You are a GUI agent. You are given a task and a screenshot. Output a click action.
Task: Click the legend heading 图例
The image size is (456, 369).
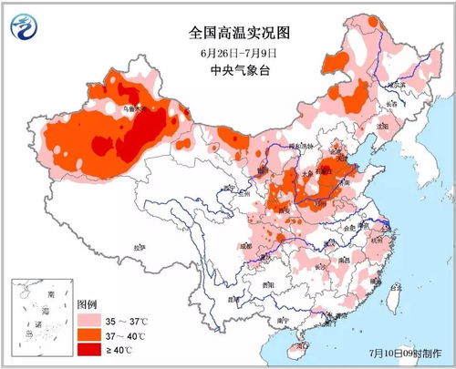pyautogui.click(x=87, y=303)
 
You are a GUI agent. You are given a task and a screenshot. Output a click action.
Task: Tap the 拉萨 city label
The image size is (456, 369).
pyautogui.click(x=139, y=248)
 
